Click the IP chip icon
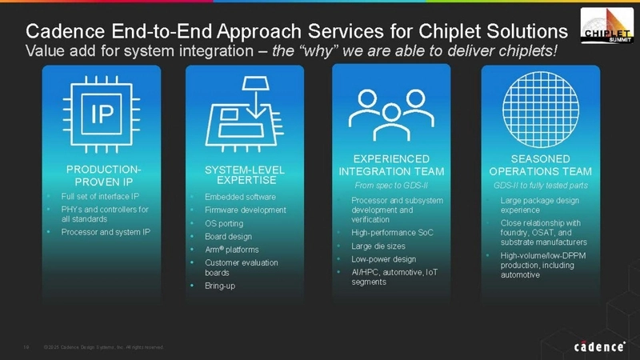[x=101, y=115]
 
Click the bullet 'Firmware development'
[x=245, y=210]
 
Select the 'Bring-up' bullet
[x=220, y=286]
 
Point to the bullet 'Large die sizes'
[x=378, y=246]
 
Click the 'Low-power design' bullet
[x=383, y=259]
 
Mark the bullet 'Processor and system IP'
[x=100, y=231]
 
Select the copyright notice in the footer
[x=104, y=346]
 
